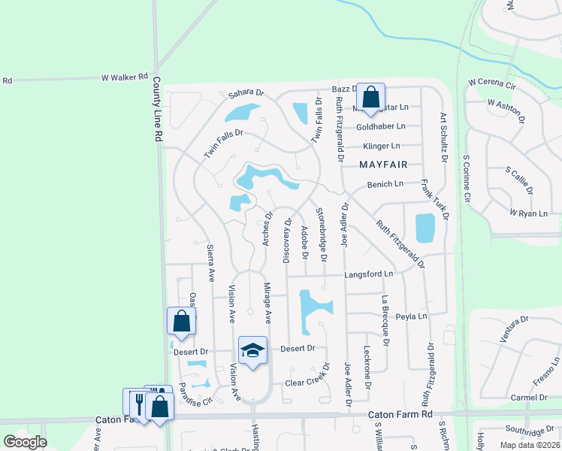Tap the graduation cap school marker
253,350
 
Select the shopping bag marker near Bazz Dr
370,97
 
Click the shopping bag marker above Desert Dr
181,321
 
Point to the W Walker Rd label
124,77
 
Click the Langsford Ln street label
368,274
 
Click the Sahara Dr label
247,93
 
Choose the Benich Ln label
385,184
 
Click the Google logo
25,442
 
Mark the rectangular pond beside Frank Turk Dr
425,229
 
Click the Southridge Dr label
529,431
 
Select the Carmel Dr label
527,398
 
